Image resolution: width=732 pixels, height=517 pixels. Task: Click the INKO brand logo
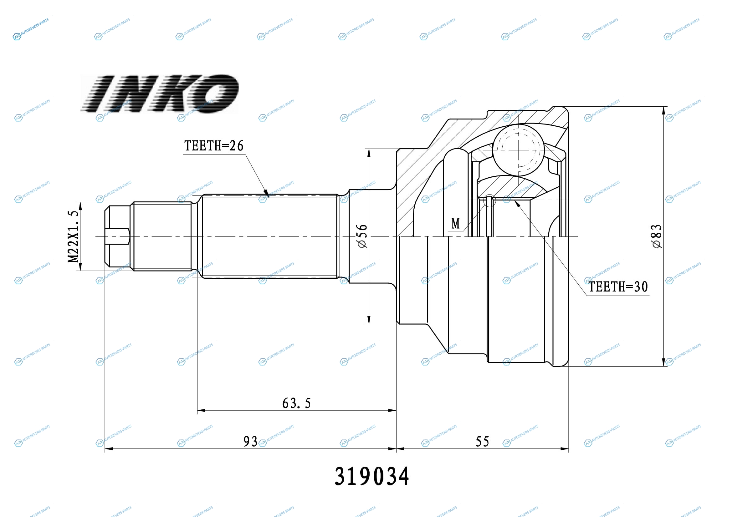pos(159,93)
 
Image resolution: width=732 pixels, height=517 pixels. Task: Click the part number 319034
pos(372,477)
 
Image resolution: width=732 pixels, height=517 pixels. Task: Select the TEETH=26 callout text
pos(214,145)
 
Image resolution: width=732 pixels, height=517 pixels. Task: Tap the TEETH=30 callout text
pos(618,287)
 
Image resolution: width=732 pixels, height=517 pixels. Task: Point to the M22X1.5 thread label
pos(73,236)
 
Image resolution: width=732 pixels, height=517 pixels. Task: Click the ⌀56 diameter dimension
pos(362,236)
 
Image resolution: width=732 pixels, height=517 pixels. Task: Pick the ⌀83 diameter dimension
pos(657,236)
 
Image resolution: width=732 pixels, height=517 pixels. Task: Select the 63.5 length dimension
pos(296,403)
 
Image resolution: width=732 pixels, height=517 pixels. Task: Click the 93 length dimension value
pos(250,442)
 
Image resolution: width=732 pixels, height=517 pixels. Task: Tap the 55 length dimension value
pos(482,442)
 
